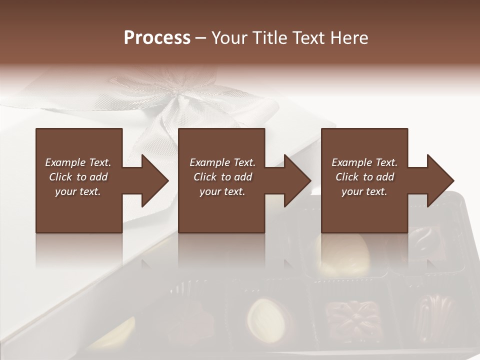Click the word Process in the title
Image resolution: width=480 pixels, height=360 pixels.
pos(157,38)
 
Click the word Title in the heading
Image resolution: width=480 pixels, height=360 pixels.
pos(268,38)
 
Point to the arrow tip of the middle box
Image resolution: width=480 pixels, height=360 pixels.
pos(309,180)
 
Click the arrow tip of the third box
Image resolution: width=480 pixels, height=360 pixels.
pos(452,180)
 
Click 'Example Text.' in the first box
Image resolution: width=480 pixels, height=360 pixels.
pos(78,162)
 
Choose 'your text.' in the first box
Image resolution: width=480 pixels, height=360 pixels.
pos(78,191)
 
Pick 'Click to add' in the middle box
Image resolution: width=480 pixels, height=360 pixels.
pos(222,177)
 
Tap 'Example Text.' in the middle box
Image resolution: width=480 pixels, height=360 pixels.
pos(222,162)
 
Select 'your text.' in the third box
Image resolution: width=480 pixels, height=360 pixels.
pos(364,191)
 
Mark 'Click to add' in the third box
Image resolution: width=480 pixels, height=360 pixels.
pos(364,177)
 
